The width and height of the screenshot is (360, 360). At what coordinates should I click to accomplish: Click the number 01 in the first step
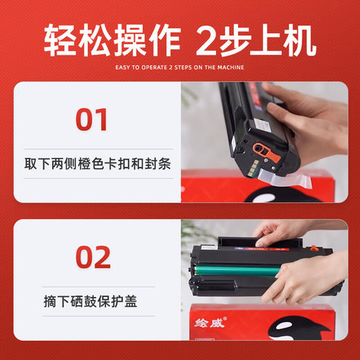pyautogui.click(x=92, y=118)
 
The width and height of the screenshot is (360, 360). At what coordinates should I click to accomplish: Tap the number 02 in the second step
pyautogui.click(x=93, y=257)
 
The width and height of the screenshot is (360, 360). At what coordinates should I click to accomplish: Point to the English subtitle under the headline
pyautogui.click(x=179, y=67)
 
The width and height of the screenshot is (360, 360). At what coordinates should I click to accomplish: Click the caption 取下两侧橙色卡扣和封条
pyautogui.click(x=97, y=163)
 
